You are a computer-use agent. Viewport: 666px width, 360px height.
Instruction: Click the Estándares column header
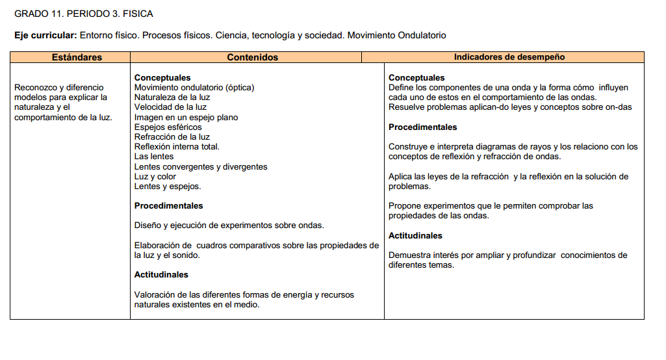[x=77, y=57]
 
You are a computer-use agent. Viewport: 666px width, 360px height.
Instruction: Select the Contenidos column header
[x=252, y=57]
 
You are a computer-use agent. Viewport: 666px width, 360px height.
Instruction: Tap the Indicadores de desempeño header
[x=509, y=57]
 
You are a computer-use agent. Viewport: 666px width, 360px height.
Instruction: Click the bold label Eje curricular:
[x=45, y=35]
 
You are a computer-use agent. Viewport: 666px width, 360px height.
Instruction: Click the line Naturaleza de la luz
[x=172, y=97]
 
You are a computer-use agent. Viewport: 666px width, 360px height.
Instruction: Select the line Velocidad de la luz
[x=170, y=107]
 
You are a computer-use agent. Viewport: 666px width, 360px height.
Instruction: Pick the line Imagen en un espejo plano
[x=186, y=118]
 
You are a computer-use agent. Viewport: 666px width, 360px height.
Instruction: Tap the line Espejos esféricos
[x=168, y=127]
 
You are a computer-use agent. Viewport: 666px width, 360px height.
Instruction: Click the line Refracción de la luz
[x=172, y=137]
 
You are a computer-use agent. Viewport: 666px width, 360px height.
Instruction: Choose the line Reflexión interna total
[x=177, y=147]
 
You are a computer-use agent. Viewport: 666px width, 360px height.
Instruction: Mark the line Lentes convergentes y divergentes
[x=201, y=166]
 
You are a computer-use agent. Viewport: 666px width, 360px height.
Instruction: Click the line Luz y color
[x=155, y=176]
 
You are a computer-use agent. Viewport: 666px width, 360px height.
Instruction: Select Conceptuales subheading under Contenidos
[x=162, y=78]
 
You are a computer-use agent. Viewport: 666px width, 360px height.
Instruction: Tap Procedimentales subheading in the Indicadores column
[x=422, y=127]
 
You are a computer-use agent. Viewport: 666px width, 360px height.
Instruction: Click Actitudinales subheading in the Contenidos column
[x=161, y=275]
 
